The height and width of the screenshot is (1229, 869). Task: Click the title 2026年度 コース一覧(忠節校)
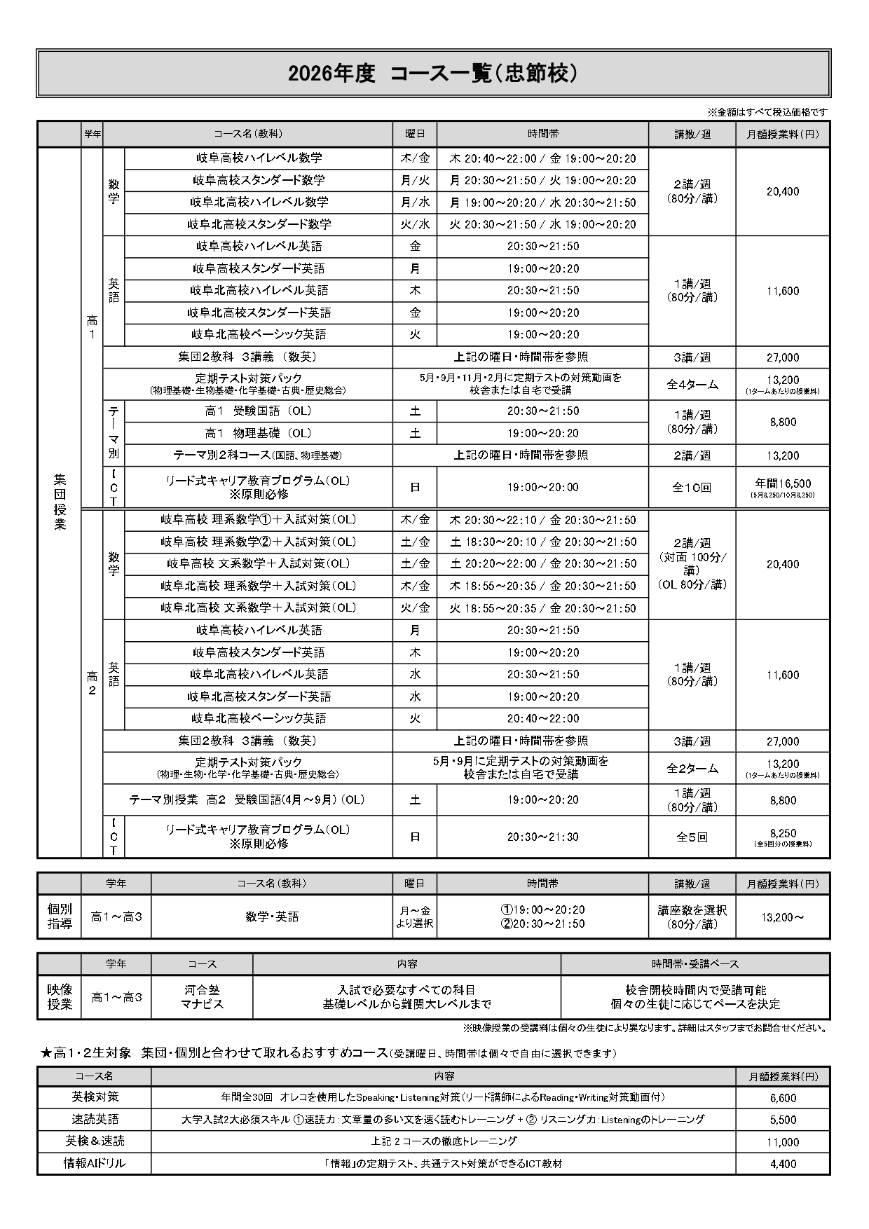pos(433,73)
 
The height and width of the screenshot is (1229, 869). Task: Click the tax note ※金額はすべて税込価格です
pos(767,112)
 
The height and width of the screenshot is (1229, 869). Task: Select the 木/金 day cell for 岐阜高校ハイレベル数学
pos(415,158)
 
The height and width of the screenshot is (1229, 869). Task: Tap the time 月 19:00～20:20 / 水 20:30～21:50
pos(542,202)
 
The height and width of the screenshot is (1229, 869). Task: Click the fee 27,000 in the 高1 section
pos(782,357)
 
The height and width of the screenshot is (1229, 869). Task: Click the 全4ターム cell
pos(692,384)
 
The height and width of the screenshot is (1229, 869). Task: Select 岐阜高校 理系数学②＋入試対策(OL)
pos(258,542)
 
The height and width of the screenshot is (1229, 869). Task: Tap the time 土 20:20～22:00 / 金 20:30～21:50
pos(542,563)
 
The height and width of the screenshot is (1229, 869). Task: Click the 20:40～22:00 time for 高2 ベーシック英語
pos(542,718)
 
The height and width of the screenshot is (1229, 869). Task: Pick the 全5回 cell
pos(692,837)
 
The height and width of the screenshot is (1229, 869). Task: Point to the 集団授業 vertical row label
pos(60,501)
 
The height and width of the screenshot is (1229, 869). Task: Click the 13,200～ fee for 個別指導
pos(782,917)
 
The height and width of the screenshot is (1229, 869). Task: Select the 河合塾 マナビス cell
pos(202,997)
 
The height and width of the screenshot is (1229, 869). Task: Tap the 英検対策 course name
pos(95,1097)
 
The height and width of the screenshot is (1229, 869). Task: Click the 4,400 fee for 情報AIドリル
pos(782,1164)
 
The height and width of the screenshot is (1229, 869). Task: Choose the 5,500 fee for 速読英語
pos(782,1120)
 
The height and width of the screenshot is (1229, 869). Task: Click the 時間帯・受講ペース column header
pos(694,964)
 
